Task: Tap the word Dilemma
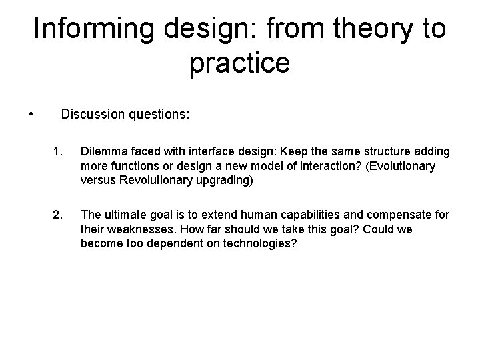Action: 103,152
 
